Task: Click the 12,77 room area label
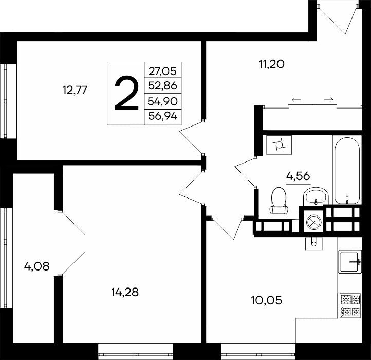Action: (75, 90)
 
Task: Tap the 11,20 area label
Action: (272, 64)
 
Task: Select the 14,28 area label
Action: (125, 292)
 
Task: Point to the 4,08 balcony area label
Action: (36, 266)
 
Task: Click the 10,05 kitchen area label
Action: (266, 300)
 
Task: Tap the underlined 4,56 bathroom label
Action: (298, 176)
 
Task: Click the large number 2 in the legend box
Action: (126, 93)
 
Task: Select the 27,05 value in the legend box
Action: (163, 71)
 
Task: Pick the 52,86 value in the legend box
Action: (163, 85)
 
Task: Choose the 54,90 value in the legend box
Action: (163, 101)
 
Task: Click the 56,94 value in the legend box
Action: (163, 116)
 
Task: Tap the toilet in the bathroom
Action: (279, 201)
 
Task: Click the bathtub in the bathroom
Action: (347, 171)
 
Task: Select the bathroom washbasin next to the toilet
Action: (316, 196)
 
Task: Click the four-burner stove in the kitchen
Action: (350, 305)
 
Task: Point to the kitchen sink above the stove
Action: (350, 262)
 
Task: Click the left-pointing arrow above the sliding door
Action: (296, 100)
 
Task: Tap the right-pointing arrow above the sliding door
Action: (329, 100)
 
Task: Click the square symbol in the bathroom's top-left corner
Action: (279, 145)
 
